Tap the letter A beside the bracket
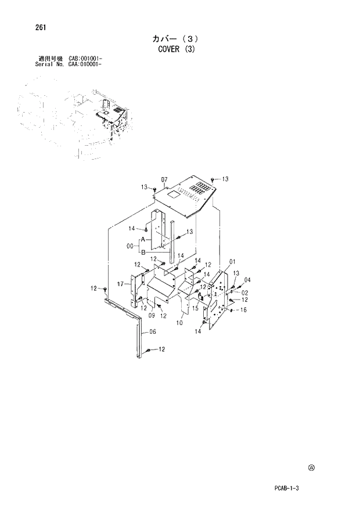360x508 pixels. point(141,239)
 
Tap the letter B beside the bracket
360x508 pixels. point(141,251)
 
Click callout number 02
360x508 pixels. point(244,293)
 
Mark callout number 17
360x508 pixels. point(120,284)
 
